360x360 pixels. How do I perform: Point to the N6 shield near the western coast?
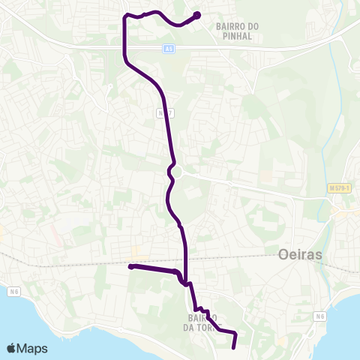tap(14, 291)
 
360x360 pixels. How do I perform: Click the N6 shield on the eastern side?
tap(320, 316)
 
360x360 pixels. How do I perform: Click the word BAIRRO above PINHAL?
tap(236, 26)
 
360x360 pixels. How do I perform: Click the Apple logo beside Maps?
tap(13, 348)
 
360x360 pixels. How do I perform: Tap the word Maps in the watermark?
tap(33, 348)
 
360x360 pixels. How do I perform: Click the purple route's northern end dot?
tap(197, 14)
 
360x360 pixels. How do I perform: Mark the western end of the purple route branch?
tap(130, 266)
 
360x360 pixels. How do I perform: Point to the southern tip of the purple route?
tap(233, 346)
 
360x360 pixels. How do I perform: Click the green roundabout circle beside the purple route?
tap(177, 172)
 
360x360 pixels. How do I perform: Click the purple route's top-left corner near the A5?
tap(124, 16)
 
